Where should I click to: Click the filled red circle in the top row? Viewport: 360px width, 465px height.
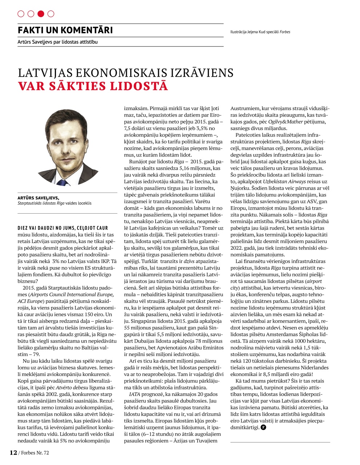[x=41, y=14]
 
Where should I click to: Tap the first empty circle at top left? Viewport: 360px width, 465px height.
[x=21, y=14]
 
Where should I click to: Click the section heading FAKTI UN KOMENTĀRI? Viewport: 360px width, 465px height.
[x=65, y=30]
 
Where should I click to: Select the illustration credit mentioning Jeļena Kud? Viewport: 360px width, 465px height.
[x=260, y=32]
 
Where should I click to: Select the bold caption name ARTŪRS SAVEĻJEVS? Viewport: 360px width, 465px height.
[x=38, y=198]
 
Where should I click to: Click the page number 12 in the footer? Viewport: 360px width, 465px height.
[x=13, y=452]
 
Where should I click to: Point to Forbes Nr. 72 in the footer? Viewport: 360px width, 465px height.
[x=35, y=453]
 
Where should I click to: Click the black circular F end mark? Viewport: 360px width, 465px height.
[x=263, y=427]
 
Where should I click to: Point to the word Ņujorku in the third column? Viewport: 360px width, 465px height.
[x=240, y=188]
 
